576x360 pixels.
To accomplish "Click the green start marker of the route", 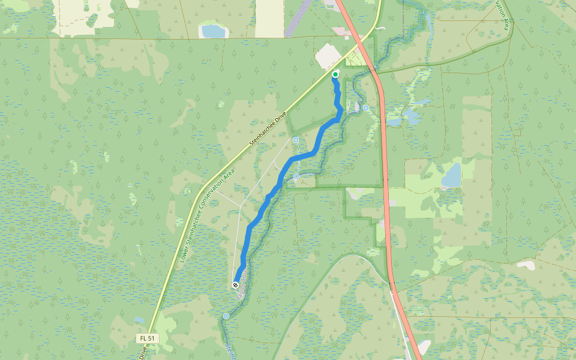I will (x=335, y=74).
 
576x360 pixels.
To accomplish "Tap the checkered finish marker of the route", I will (x=235, y=284).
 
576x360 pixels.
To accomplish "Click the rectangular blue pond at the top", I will (x=212, y=30).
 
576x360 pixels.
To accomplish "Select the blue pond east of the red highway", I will (x=451, y=175).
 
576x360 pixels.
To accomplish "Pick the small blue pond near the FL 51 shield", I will (x=139, y=320).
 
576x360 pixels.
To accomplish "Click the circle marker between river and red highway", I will (x=366, y=108).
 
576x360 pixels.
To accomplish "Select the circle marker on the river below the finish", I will (x=226, y=316).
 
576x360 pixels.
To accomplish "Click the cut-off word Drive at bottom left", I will (x=143, y=354).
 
